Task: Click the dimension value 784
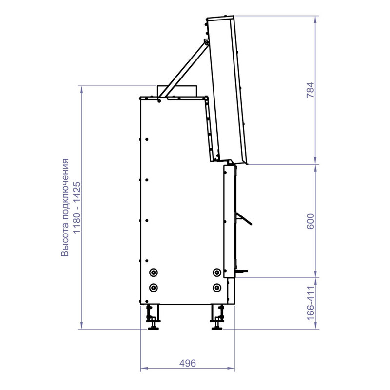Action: (x=311, y=90)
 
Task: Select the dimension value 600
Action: (x=311, y=221)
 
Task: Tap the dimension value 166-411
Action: (x=311, y=303)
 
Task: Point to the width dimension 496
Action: (x=188, y=363)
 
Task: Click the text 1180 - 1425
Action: (x=77, y=208)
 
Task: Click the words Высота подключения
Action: (x=65, y=208)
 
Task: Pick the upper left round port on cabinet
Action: (x=154, y=273)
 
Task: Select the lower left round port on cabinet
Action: (x=154, y=288)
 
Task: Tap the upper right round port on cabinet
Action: (x=217, y=273)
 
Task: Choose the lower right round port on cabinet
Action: (x=217, y=288)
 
